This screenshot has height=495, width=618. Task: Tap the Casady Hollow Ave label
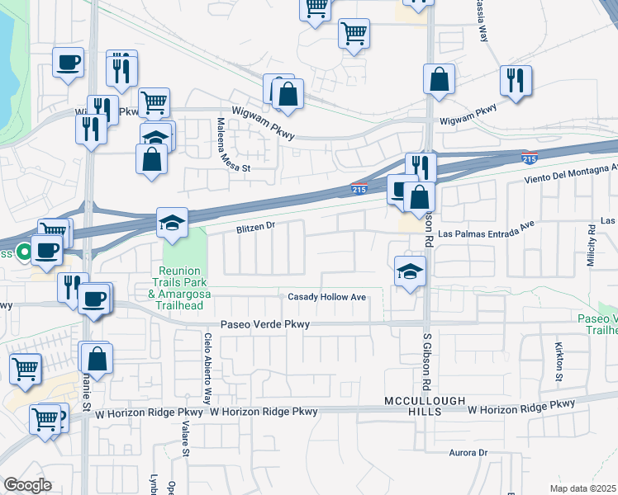coord(326,297)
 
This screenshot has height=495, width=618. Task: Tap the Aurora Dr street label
coord(468,453)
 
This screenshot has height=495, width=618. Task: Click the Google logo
coord(27,485)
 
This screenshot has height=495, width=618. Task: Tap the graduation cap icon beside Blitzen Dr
coord(172,223)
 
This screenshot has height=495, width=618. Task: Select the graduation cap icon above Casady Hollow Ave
coord(410,271)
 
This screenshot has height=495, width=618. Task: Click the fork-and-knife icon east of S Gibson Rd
coord(516,80)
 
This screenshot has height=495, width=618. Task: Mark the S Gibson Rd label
coord(428,363)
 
